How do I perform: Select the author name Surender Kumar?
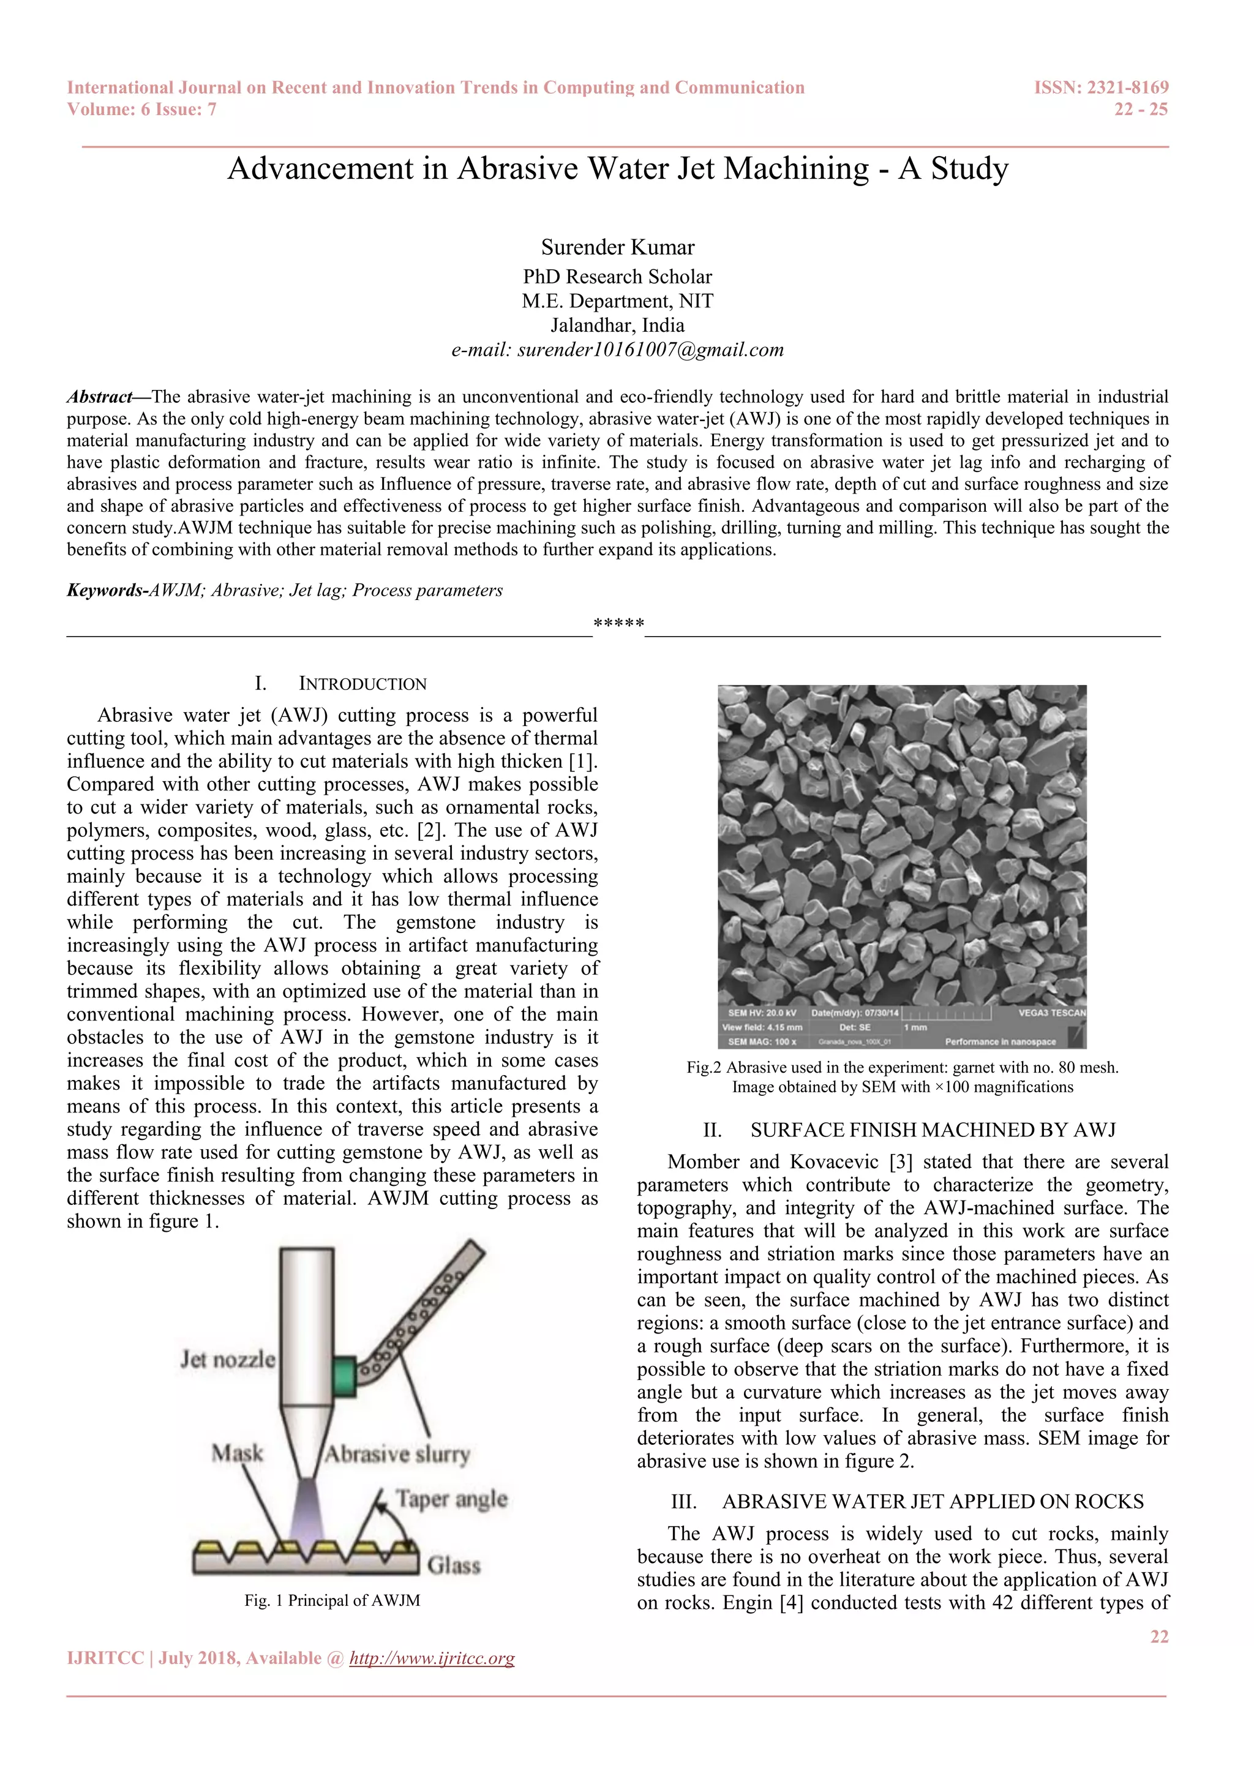pos(618,247)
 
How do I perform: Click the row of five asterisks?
pos(618,623)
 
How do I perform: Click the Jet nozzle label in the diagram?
pos(227,1359)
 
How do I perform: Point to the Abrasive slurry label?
pos(397,1454)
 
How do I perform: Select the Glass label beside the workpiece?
pos(454,1565)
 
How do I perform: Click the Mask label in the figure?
pos(237,1453)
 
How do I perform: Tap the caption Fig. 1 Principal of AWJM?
pos(332,1600)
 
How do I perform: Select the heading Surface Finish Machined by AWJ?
pos(933,1131)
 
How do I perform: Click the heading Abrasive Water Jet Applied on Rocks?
pos(932,1502)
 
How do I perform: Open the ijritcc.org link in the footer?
pos(432,1658)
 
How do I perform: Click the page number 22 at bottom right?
pos(1159,1636)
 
